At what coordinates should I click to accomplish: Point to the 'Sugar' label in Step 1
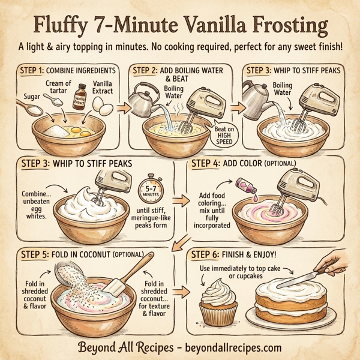point(31,95)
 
